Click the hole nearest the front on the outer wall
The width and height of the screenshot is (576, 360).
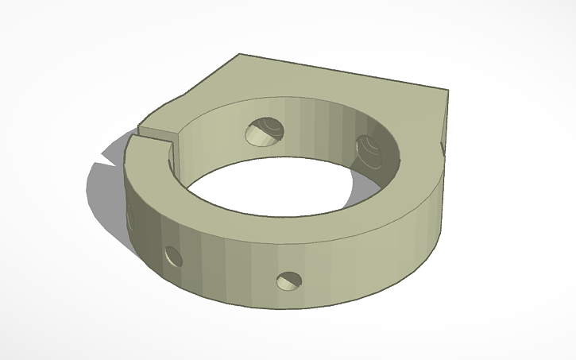[x=289, y=281]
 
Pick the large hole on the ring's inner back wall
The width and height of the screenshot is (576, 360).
[x=264, y=131]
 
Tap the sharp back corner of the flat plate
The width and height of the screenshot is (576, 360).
[x=241, y=55]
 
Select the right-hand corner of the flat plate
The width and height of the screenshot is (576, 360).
[x=446, y=91]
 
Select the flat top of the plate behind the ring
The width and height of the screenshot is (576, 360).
[x=318, y=87]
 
